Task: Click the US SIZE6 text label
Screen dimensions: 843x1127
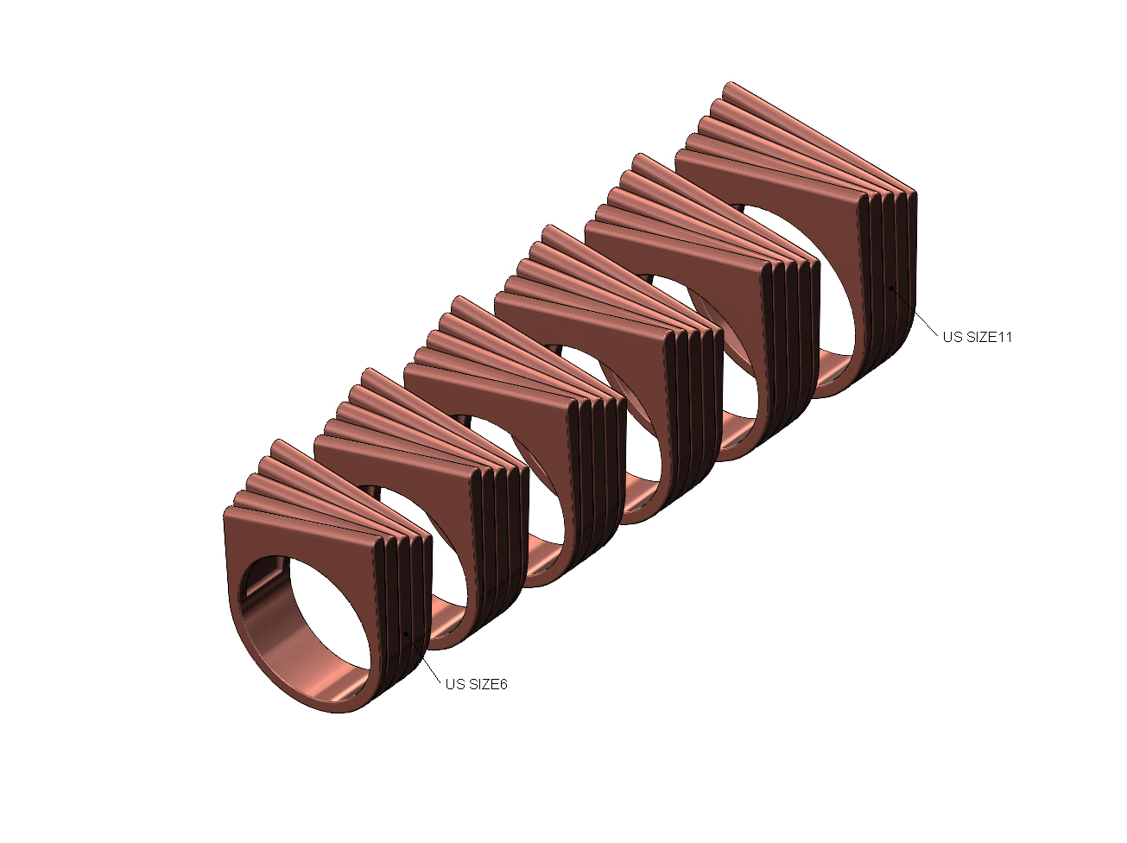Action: click(476, 684)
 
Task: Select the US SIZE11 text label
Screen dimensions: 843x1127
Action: click(977, 337)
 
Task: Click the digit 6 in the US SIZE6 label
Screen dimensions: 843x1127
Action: click(503, 684)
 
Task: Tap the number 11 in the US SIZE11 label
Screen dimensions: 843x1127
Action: click(1004, 337)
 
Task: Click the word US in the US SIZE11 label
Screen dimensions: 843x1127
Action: click(952, 337)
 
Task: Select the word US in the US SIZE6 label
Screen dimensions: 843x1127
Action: click(455, 684)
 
